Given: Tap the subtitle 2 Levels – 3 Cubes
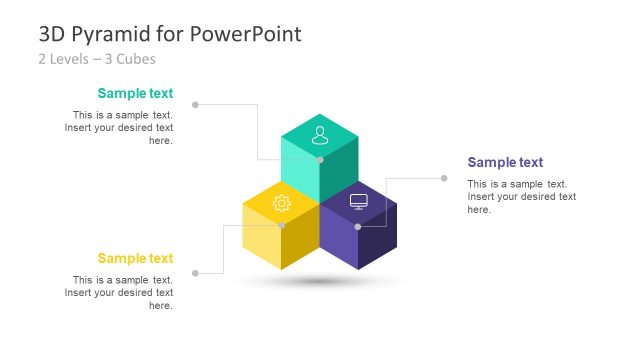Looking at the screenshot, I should point(91,59).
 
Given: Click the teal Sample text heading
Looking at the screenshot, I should point(135,94).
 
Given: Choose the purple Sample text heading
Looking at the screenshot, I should point(505,162).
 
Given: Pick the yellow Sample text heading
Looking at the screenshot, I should point(135,259).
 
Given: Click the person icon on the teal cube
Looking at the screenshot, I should point(320,133).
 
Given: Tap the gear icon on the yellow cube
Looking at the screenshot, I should point(281,204).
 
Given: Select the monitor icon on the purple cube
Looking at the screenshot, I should point(359,201).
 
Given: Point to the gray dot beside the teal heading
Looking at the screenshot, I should point(195,104).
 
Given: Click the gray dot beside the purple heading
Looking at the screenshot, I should point(445,178).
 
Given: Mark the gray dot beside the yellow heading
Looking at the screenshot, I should point(195,272).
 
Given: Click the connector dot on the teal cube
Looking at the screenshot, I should point(320,159).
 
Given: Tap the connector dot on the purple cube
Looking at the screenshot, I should point(358,226).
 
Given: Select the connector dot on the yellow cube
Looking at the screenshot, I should point(281,226).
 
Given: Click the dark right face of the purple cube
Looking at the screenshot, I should point(378,240).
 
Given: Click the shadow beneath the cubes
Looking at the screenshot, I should point(320,282).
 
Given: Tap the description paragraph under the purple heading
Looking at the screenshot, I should point(521,197).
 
